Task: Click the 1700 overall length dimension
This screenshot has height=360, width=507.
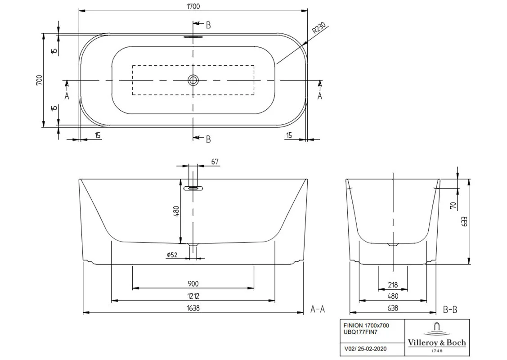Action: pyautogui.click(x=193, y=6)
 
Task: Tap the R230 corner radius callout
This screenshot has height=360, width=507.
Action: pyautogui.click(x=319, y=28)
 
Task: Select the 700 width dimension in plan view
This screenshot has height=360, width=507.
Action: pyautogui.click(x=39, y=80)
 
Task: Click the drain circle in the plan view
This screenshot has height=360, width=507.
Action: pyautogui.click(x=193, y=80)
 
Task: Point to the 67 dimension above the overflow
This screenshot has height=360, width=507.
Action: pyautogui.click(x=215, y=162)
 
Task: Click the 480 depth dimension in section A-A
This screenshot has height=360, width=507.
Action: pyautogui.click(x=176, y=211)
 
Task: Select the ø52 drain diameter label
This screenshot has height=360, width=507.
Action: pyautogui.click(x=172, y=255)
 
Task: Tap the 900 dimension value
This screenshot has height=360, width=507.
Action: pyautogui.click(x=193, y=283)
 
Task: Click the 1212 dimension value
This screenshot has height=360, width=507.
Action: pyautogui.click(x=193, y=296)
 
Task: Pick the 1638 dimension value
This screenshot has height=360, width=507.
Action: pyautogui.click(x=193, y=308)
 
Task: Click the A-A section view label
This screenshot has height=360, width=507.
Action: pyautogui.click(x=318, y=310)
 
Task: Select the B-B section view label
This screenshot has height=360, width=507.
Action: pyautogui.click(x=450, y=310)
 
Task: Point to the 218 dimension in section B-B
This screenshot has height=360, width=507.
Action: pyautogui.click(x=393, y=285)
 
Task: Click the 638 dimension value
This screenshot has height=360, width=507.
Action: pyautogui.click(x=393, y=308)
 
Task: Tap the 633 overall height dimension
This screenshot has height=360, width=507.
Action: pyautogui.click(x=465, y=221)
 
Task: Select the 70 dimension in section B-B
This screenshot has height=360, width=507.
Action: pyautogui.click(x=453, y=205)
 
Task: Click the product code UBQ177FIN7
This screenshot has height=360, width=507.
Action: pyautogui.click(x=360, y=332)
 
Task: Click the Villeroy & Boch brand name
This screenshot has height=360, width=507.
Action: pyautogui.click(x=437, y=342)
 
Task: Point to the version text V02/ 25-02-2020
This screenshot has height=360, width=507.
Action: pyautogui.click(x=365, y=349)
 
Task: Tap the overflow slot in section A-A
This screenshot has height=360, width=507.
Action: pyautogui.click(x=193, y=188)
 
